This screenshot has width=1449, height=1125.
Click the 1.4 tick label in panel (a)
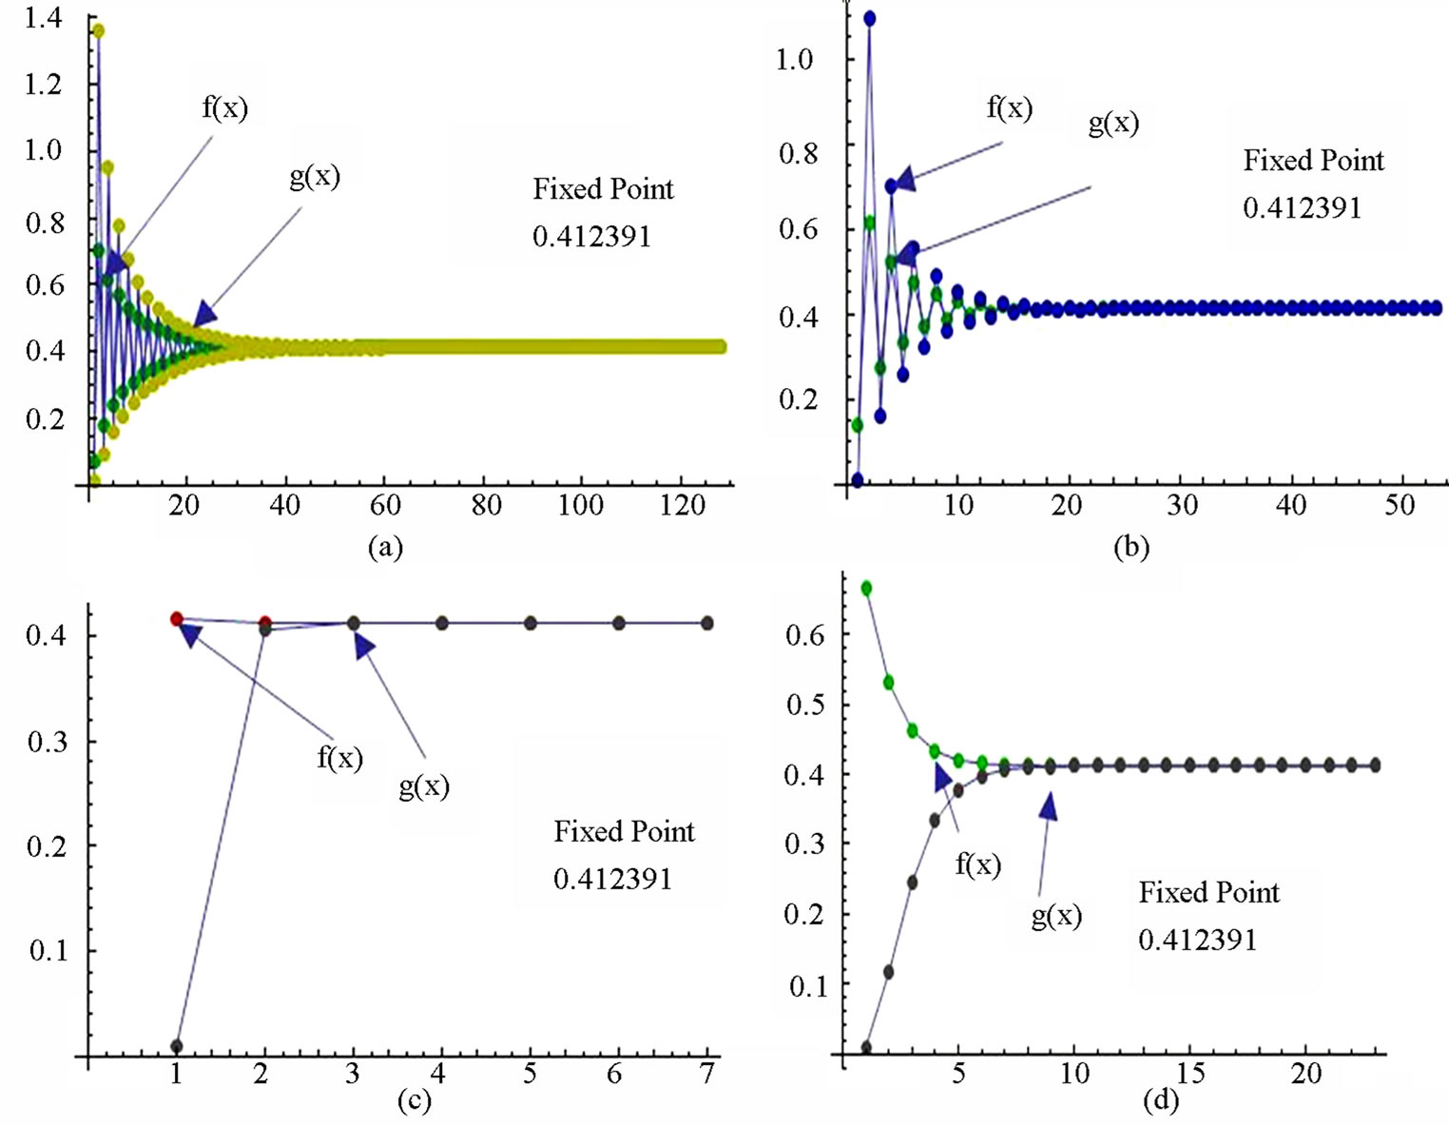pos(44,17)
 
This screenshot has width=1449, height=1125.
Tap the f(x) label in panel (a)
pos(225,107)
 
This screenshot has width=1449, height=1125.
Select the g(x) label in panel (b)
pos(1113,122)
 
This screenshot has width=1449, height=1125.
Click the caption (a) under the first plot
pos(385,547)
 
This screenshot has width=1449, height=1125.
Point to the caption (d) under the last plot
pos(1160,1100)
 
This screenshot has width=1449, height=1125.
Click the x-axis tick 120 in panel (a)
pos(683,505)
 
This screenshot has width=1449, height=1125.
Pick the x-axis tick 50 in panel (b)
pos(1400,505)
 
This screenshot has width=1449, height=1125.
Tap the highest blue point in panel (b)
pos(869,18)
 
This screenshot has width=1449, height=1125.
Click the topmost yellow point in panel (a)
pos(97,30)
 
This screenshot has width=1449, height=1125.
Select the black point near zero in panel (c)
pos(176,1046)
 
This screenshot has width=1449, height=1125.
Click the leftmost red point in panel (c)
pos(176,619)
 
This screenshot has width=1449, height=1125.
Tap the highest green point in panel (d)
pos(866,588)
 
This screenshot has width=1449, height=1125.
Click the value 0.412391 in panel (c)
pos(612,879)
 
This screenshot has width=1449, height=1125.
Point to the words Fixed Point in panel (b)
pos(1313,160)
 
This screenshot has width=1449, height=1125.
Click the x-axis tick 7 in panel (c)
pos(706,1074)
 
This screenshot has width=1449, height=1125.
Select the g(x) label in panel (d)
pos(1056,915)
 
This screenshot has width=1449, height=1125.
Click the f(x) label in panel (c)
pos(339,757)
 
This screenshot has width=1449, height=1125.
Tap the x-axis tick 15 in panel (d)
pos(1190,1074)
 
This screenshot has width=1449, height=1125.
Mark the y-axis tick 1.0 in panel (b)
pos(794,59)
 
